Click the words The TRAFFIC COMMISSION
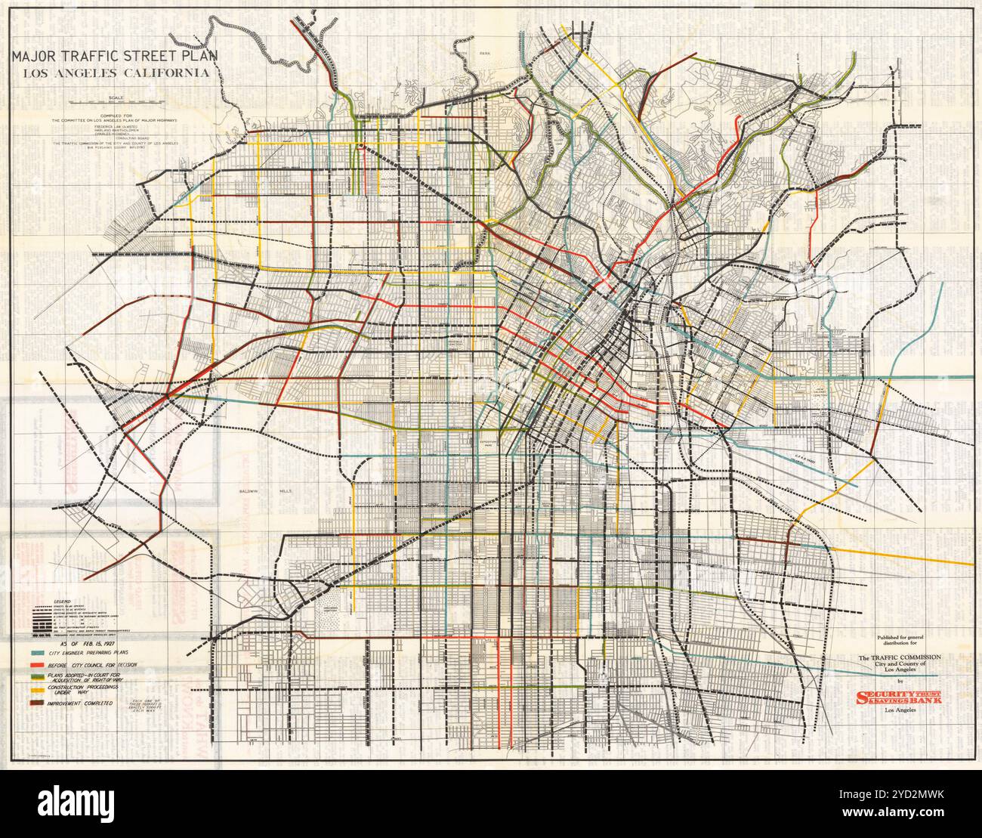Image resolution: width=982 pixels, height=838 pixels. click(x=898, y=658)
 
